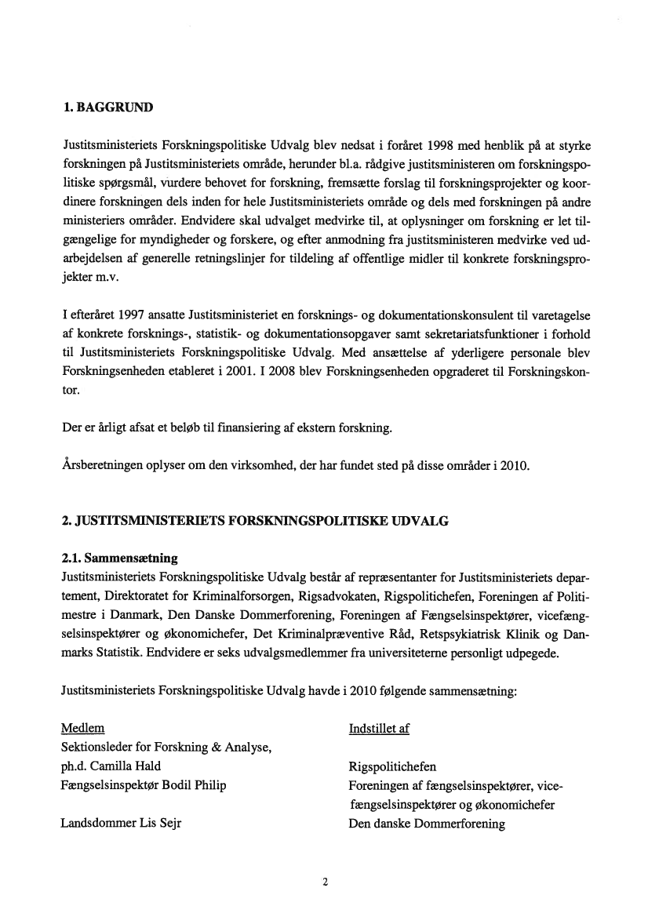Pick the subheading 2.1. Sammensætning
(119, 559)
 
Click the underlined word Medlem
(82, 729)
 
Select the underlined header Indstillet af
(378, 729)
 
